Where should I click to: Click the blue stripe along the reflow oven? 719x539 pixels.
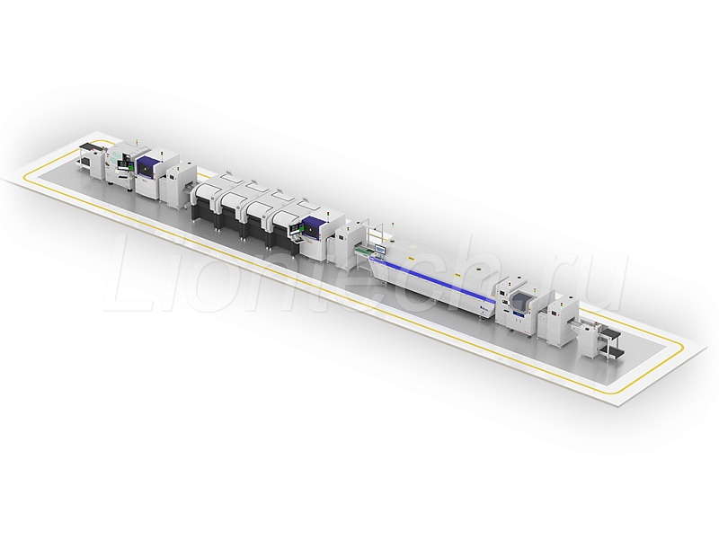(433, 279)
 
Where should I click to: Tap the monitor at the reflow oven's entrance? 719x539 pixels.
(380, 250)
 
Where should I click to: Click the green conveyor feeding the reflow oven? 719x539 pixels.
(362, 252)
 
